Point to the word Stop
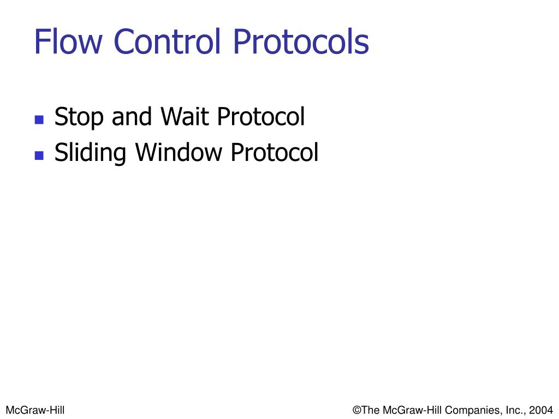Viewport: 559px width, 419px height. click(x=80, y=117)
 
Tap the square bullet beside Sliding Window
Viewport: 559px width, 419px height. click(x=39, y=155)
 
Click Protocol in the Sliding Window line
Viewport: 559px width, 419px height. click(x=274, y=152)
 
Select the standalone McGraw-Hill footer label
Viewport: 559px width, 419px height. click(x=35, y=410)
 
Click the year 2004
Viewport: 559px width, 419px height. click(x=541, y=410)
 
